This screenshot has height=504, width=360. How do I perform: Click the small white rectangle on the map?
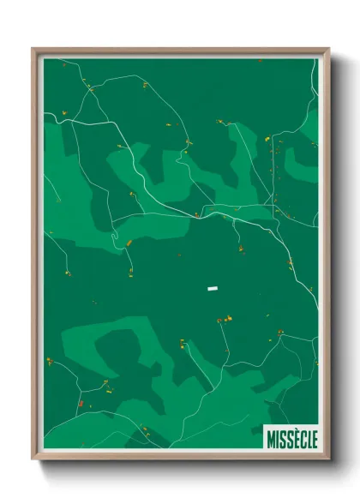(x=211, y=289)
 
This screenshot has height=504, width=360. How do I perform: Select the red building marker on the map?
(x=81, y=403)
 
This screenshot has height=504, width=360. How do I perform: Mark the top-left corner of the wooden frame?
(x=33, y=49)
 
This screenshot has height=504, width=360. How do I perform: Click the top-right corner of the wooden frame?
(x=328, y=49)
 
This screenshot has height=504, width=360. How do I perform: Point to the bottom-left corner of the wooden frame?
(x=33, y=459)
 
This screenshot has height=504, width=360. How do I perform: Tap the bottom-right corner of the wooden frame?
(x=328, y=459)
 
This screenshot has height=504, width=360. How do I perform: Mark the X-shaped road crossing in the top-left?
(x=87, y=87)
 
